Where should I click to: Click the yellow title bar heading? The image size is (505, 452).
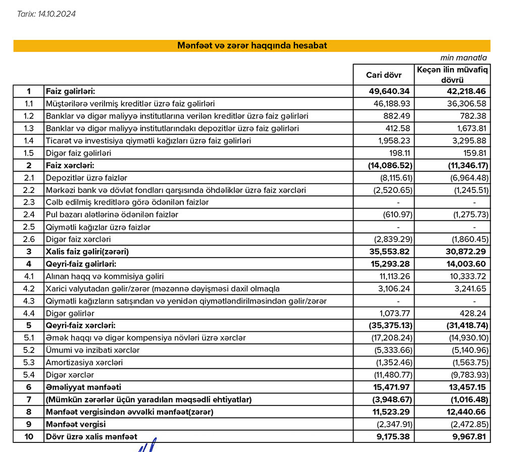[x=251, y=45]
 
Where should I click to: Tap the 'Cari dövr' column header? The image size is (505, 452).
[x=384, y=75]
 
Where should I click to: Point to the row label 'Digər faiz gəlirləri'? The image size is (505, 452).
[x=78, y=153]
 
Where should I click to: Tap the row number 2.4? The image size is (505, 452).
[x=29, y=215]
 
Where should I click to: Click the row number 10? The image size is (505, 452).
[x=29, y=436]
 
